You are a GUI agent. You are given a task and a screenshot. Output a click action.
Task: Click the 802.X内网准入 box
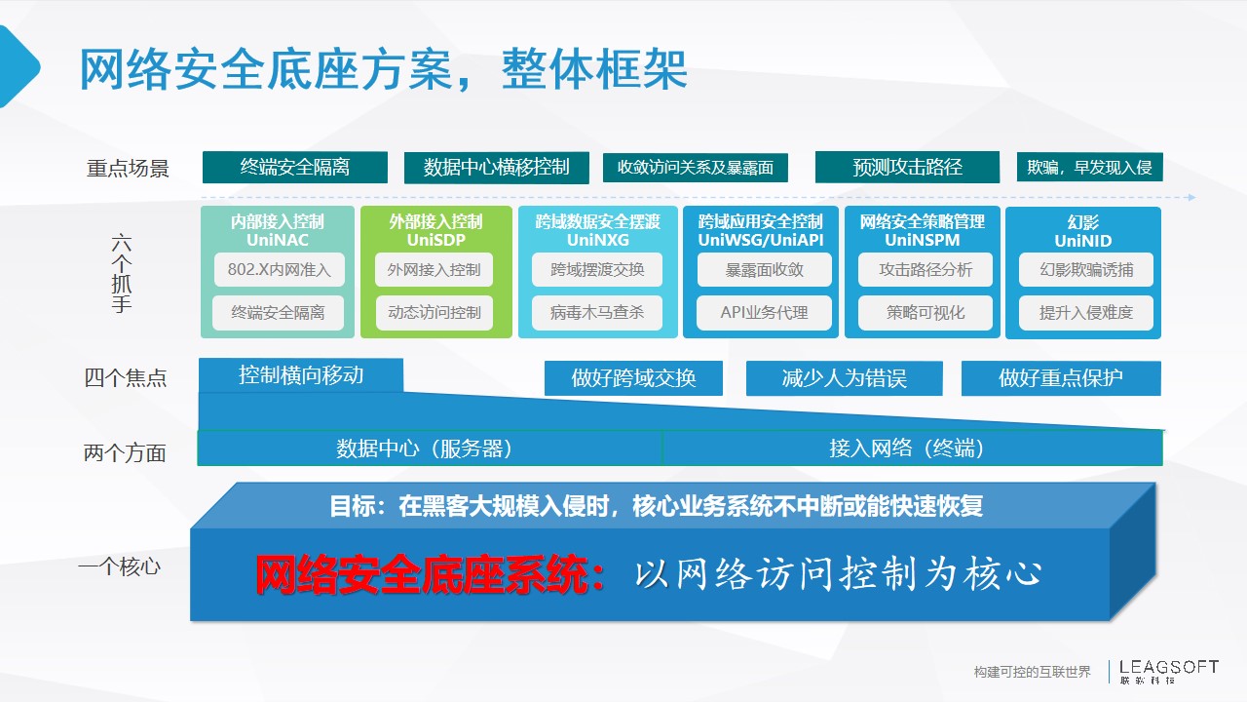point(280,270)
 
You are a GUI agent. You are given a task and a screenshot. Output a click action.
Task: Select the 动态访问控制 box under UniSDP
point(435,313)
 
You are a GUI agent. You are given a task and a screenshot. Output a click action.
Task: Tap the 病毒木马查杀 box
point(597,313)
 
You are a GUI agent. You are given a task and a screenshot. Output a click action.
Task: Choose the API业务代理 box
point(765,313)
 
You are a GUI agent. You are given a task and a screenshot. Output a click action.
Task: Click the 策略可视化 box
point(926,313)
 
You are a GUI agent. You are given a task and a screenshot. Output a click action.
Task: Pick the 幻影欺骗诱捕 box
point(1086,270)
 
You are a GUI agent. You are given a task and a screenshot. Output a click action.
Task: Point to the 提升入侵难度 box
point(1086,313)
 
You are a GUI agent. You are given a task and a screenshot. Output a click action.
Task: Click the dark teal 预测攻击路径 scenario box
point(907,167)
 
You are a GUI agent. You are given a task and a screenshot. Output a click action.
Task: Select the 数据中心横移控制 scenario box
point(497,167)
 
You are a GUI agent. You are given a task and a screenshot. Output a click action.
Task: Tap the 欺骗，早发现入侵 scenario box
point(1090,167)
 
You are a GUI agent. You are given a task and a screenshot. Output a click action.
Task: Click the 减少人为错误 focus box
point(845,378)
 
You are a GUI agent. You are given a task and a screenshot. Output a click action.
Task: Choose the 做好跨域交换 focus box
point(633,378)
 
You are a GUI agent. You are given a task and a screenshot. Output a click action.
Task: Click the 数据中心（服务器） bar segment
point(430,448)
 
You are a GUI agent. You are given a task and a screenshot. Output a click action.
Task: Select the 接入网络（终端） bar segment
point(913,448)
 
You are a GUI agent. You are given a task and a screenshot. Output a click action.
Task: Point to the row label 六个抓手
point(122,273)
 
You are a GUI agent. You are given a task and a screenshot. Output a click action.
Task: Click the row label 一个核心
point(120,566)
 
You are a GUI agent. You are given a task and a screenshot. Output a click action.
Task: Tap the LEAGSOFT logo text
point(1169,667)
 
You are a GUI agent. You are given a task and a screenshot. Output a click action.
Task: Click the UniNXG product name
point(598,240)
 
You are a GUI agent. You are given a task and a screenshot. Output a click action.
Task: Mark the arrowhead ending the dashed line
point(1191,197)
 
